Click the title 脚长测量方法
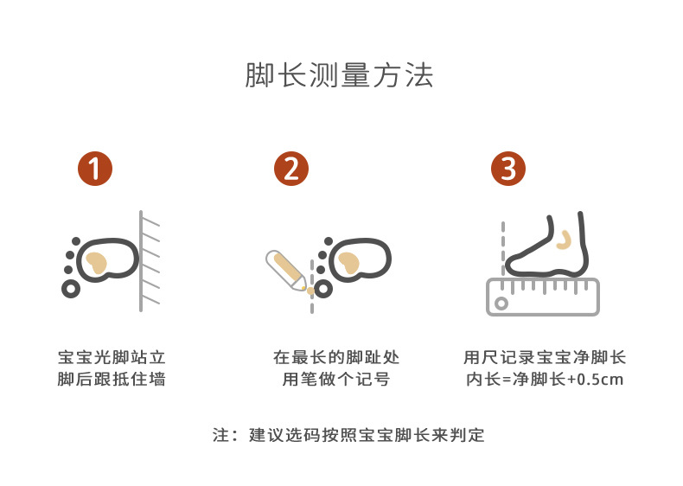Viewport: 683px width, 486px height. coord(339,75)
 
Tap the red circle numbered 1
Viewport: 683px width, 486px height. coord(95,169)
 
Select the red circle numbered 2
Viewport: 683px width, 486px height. coord(291,169)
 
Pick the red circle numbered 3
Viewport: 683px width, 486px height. coord(508,169)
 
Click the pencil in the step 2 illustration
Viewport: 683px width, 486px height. coord(286,271)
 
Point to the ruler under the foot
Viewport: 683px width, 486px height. coord(543,297)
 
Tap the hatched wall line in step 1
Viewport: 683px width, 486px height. coord(141,260)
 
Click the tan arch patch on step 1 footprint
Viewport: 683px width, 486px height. coord(96,263)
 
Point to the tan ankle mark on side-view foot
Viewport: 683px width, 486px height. coord(565,240)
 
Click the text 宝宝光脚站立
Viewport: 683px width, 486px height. coord(112,357)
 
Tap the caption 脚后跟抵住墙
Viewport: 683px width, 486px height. coord(112,380)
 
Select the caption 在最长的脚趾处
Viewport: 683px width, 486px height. coord(335,357)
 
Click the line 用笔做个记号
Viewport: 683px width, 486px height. coord(335,380)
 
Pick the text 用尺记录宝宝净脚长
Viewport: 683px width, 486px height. coord(545,357)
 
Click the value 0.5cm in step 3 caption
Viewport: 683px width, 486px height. coord(600,380)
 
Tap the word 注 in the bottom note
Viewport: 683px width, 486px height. coord(220,435)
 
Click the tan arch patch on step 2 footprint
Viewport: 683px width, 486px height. coord(348,263)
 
